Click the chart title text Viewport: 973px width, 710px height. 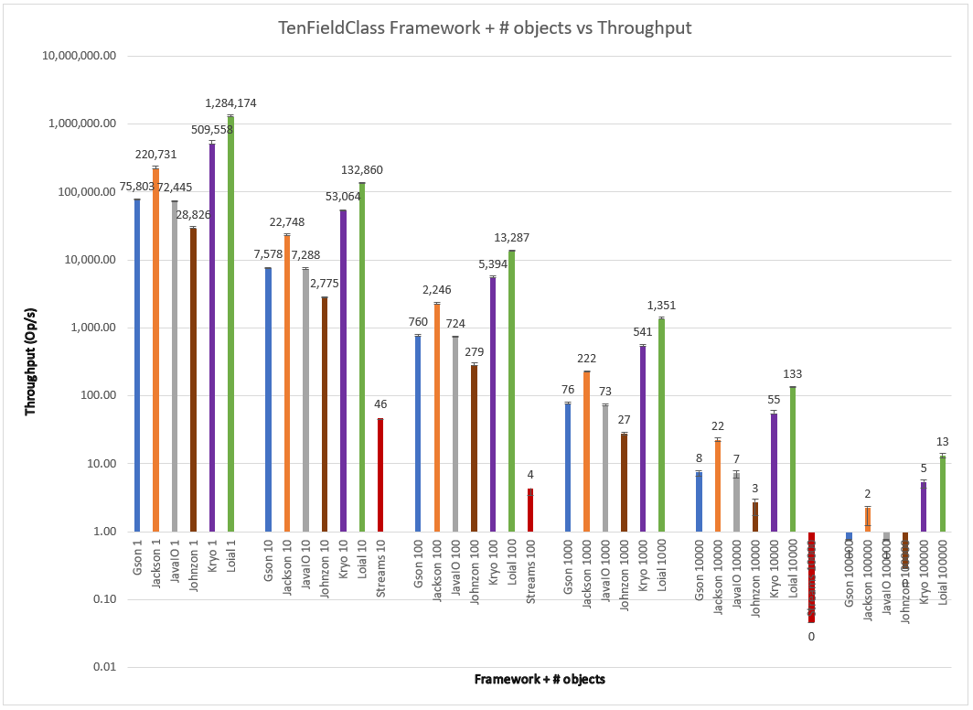point(485,27)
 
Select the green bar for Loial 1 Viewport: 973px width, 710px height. point(230,320)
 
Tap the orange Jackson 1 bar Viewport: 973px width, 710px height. point(155,348)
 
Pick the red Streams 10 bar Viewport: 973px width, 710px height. point(380,475)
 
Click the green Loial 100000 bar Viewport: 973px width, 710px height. point(942,493)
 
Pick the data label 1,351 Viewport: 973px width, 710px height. point(659,306)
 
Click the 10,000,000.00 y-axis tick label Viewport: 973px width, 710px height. point(80,56)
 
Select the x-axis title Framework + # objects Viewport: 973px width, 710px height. point(540,680)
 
